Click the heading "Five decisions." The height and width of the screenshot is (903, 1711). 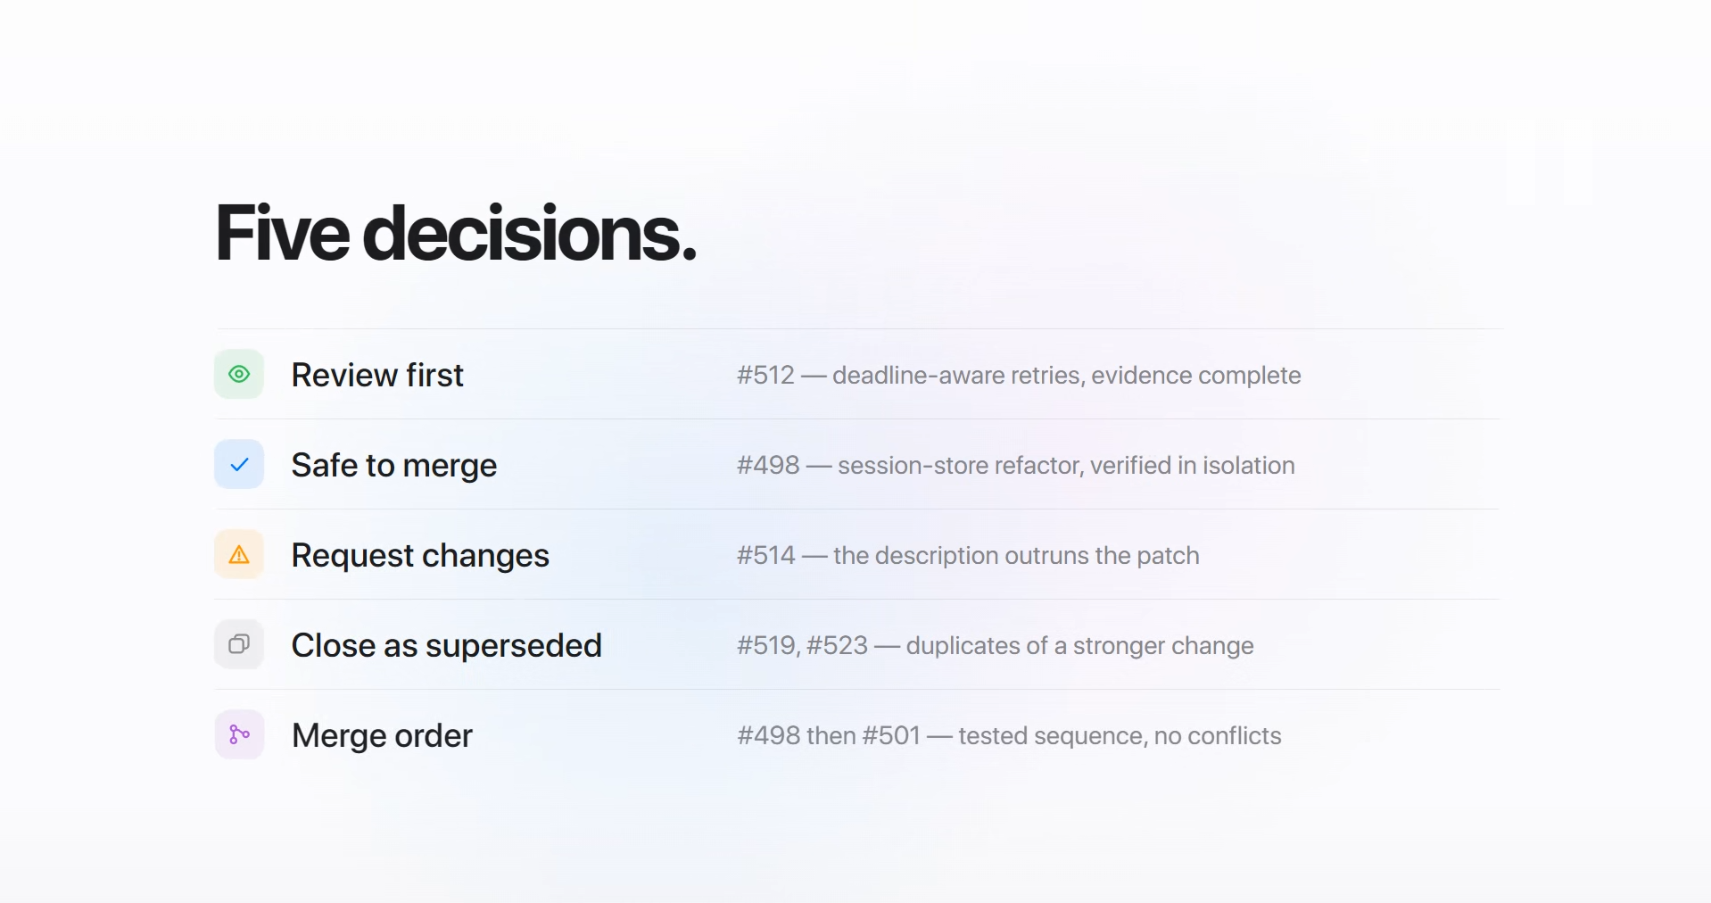pyautogui.click(x=456, y=234)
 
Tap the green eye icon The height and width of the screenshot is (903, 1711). pyautogui.click(x=239, y=374)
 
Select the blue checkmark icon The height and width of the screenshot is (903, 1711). pyautogui.click(x=239, y=464)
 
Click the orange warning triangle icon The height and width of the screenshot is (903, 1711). pyautogui.click(x=239, y=555)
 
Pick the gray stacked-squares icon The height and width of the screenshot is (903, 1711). pyautogui.click(x=239, y=644)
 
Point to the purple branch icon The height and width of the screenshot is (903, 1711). pyautogui.click(x=239, y=734)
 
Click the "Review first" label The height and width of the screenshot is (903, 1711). pyautogui.click(x=377, y=375)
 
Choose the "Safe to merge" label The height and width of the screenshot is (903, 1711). pyautogui.click(x=394, y=465)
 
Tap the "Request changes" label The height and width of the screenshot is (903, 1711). pyautogui.click(x=420, y=555)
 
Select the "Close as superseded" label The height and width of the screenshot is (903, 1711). pyautogui.click(x=447, y=645)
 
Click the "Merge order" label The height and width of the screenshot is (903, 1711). pyautogui.click(x=382, y=735)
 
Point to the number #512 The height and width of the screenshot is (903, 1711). pyautogui.click(x=765, y=375)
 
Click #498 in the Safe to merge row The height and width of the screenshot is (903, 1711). pyautogui.click(x=768, y=465)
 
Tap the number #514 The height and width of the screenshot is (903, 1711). pyautogui.click(x=766, y=555)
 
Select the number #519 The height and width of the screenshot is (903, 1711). pyautogui.click(x=768, y=645)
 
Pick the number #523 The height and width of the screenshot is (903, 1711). pyautogui.click(x=837, y=645)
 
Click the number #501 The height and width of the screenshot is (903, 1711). pyautogui.click(x=891, y=735)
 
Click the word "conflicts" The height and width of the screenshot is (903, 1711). pyautogui.click(x=1235, y=735)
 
